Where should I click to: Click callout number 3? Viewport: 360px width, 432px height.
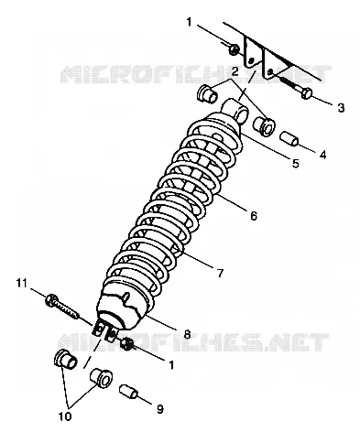[341, 107]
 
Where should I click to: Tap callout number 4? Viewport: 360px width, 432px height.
[322, 155]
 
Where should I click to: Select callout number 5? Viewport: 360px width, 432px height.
[295, 163]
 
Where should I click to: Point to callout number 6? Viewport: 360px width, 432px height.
[254, 216]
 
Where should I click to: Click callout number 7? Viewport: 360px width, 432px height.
[220, 273]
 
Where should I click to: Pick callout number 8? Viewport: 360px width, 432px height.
[187, 334]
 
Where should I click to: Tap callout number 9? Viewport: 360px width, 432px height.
[160, 409]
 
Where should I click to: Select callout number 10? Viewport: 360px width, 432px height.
[65, 416]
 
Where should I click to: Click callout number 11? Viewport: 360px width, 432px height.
[22, 284]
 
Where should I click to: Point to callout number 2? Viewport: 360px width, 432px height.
[235, 71]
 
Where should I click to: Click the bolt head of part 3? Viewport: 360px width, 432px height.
[307, 92]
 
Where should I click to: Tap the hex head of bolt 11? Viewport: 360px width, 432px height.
[50, 299]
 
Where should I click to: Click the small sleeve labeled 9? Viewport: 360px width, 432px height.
[128, 392]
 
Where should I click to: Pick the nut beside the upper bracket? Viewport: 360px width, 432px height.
[235, 49]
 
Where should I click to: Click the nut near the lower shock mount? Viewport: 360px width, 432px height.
[126, 344]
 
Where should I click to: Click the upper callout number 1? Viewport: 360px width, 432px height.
[190, 22]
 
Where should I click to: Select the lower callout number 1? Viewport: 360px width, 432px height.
[171, 364]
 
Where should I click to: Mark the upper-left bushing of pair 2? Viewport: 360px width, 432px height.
[207, 93]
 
